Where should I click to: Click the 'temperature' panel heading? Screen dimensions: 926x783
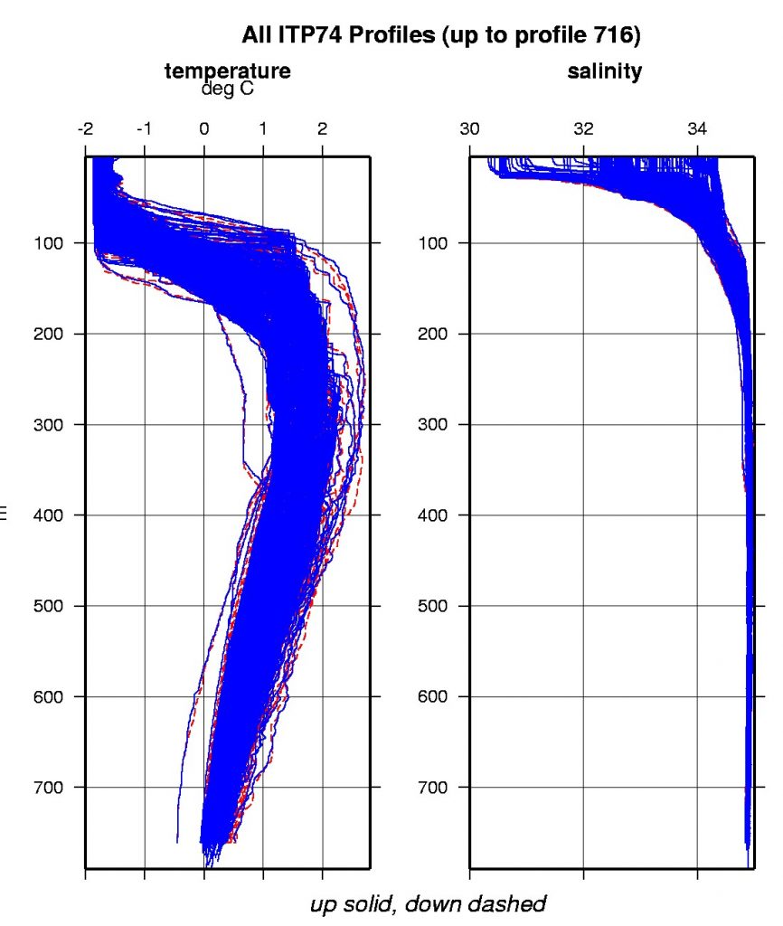228,71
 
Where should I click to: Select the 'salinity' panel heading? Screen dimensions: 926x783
605,71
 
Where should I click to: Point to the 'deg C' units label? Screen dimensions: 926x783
228,89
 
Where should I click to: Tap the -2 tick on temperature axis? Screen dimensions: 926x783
86,128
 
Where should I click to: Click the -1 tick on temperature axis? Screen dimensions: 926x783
145,128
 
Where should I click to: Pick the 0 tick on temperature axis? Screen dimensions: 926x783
204,128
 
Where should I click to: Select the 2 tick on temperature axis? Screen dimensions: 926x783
323,128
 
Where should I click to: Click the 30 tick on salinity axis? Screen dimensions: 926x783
470,128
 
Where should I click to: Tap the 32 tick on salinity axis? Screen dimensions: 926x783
584,128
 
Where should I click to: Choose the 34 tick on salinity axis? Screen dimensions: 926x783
698,128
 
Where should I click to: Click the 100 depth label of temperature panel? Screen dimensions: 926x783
46,243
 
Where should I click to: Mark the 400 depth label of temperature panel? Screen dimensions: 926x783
46,515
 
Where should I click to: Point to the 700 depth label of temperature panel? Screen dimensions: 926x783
46,788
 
